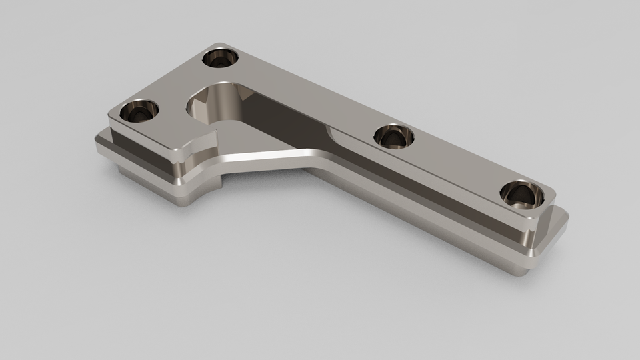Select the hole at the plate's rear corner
tap(221, 59)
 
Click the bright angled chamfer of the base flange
tap(267, 159)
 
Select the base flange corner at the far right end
tap(563, 220)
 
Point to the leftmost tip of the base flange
tap(98, 141)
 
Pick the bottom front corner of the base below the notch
tap(183, 200)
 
